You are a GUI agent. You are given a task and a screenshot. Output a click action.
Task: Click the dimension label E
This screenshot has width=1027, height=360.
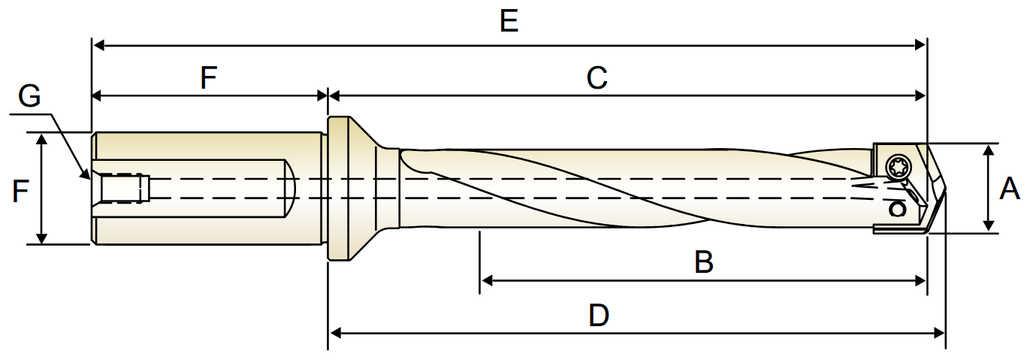click(509, 21)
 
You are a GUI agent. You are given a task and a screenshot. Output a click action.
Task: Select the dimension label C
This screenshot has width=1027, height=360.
click(597, 78)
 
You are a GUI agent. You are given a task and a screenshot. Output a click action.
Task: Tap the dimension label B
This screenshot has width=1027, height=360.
click(704, 262)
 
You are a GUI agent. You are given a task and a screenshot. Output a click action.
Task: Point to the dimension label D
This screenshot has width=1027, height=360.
click(599, 316)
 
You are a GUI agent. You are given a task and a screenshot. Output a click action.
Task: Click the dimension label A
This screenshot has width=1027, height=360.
click(1009, 189)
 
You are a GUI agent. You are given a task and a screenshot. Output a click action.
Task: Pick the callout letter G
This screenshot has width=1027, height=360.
click(29, 96)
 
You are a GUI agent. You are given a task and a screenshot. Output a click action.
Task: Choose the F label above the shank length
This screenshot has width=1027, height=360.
click(209, 77)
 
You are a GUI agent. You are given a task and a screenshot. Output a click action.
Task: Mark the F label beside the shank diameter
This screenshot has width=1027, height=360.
click(20, 191)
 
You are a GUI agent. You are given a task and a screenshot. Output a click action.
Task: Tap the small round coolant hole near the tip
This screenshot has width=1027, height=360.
click(897, 210)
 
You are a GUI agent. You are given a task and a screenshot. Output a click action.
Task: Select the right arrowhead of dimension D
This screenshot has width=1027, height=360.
click(938, 333)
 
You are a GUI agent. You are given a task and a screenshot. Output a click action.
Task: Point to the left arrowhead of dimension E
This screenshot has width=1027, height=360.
click(98, 45)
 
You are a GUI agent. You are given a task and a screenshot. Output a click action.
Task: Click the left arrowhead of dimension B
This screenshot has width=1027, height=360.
click(487, 280)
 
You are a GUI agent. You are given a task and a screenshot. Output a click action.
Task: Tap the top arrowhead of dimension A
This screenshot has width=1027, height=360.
click(989, 151)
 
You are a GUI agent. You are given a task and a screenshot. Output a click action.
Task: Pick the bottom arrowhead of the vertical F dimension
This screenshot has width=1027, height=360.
click(42, 237)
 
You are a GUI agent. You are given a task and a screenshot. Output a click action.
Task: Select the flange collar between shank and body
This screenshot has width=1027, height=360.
click(340, 189)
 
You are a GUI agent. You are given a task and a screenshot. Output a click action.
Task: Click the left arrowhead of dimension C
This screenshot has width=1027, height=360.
click(334, 96)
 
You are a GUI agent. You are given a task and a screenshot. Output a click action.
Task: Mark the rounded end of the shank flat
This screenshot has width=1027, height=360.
click(291, 189)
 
